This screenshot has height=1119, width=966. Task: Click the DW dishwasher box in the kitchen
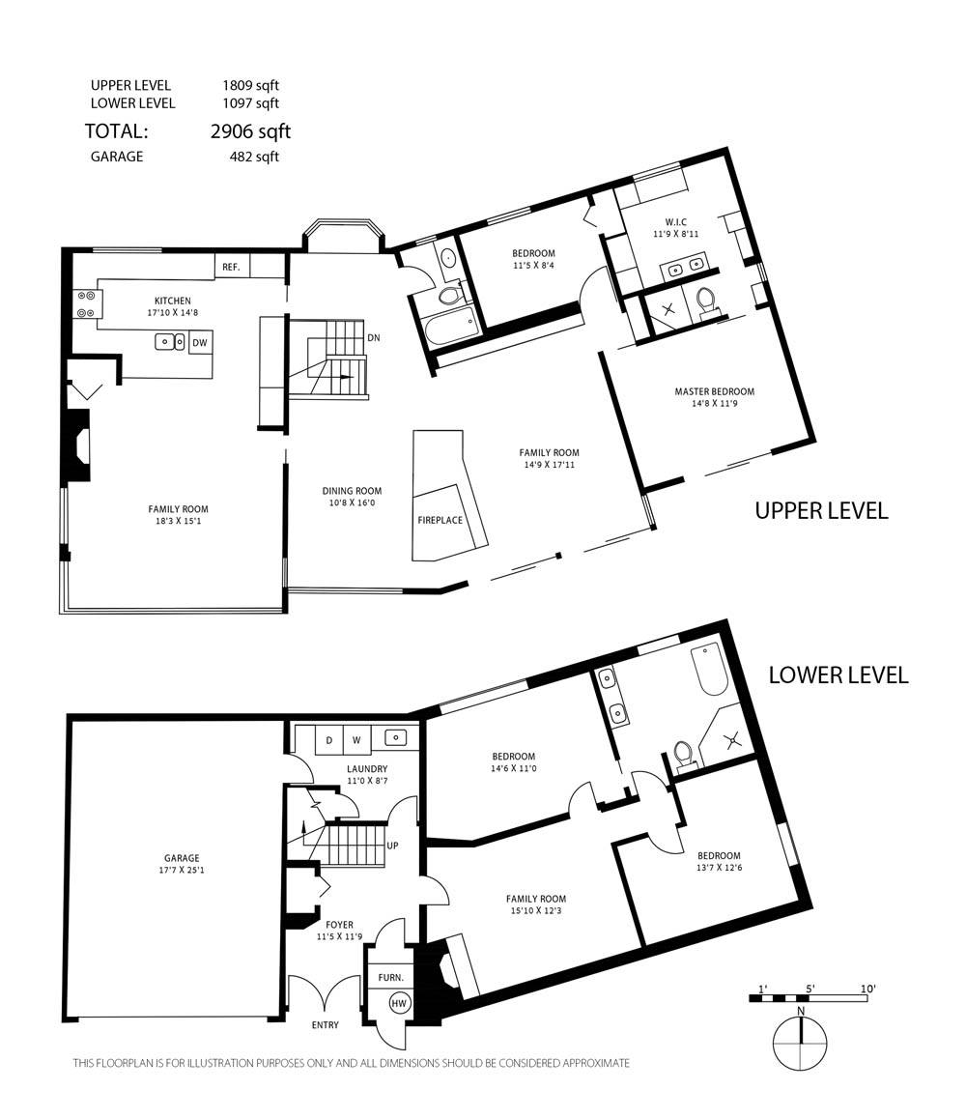(201, 342)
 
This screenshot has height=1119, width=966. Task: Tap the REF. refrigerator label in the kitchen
(231, 267)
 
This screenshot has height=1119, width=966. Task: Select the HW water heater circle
(399, 1003)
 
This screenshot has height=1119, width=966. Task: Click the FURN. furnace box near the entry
(390, 977)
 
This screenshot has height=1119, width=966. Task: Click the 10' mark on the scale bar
(867, 990)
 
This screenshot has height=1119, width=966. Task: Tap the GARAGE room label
(182, 858)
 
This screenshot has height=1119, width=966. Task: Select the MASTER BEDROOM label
(714, 391)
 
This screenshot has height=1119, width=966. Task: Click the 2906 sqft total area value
(250, 131)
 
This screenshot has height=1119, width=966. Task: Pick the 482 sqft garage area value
(254, 157)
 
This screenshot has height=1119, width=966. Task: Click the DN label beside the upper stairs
(373, 337)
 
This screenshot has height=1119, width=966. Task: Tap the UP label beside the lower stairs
(392, 846)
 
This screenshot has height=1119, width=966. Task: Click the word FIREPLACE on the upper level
(440, 520)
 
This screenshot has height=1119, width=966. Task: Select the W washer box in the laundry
(356, 740)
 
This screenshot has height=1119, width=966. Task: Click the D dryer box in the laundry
(328, 740)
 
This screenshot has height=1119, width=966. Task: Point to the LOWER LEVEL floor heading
(838, 675)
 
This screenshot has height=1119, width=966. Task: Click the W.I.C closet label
(675, 222)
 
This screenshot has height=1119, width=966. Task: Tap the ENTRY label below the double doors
(326, 1025)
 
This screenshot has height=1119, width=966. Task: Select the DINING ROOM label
(352, 491)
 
